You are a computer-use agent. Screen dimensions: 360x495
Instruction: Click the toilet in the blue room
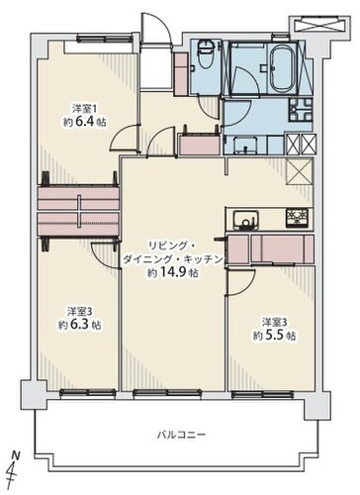pyautogui.click(x=206, y=54)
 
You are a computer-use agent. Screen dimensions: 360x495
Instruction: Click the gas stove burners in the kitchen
pyautogui.click(x=297, y=218)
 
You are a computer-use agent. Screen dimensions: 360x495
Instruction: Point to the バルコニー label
pyautogui.click(x=181, y=435)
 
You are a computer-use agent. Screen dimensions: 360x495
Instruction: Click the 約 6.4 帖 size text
pyautogui.click(x=85, y=122)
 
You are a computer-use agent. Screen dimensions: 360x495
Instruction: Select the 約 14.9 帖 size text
pyautogui.click(x=173, y=272)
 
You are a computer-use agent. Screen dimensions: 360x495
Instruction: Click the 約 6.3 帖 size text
pyautogui.click(x=80, y=325)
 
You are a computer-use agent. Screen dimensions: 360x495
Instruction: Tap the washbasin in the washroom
pyautogui.click(x=245, y=146)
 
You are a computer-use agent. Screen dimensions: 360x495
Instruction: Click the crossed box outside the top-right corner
pyautogui.click(x=319, y=26)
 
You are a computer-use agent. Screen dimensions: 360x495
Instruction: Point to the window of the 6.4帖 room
pyautogui.click(x=104, y=40)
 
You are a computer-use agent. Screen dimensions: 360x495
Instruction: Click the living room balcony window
pyautogui.click(x=167, y=393)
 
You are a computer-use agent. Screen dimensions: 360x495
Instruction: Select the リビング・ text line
pyautogui.click(x=172, y=246)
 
